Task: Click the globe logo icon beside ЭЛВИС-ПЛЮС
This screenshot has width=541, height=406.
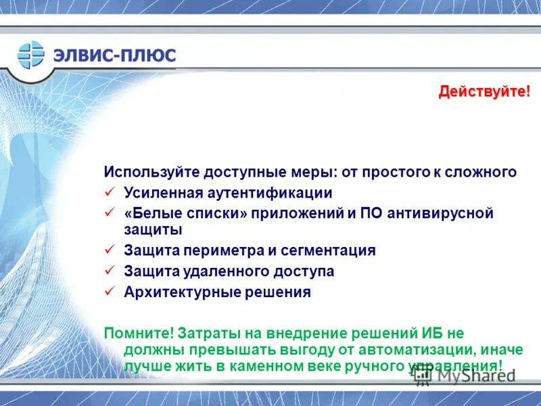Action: (31, 54)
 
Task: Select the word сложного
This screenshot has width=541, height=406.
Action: (486, 172)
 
